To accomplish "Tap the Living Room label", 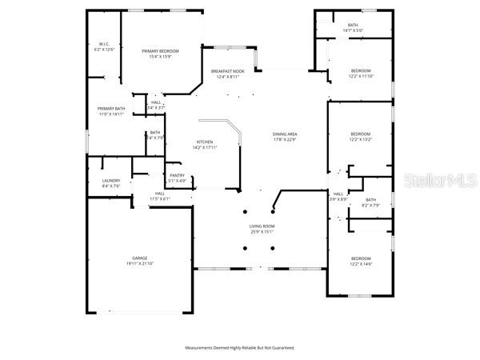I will click(x=262, y=226).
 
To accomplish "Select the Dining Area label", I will click(x=285, y=135).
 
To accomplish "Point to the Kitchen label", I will click(x=205, y=142).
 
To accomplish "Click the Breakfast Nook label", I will click(x=228, y=71).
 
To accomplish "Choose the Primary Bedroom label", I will click(x=161, y=51).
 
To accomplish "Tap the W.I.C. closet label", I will click(x=104, y=44).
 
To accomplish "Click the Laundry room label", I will click(x=111, y=181).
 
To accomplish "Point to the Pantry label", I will click(x=177, y=175).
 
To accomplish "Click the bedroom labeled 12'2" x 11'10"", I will click(x=361, y=71).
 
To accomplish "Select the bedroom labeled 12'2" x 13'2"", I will click(x=361, y=134).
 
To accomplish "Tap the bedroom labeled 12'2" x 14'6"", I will click(x=361, y=258).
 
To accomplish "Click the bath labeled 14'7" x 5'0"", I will click(x=353, y=26).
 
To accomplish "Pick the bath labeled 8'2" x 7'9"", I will click(x=370, y=200).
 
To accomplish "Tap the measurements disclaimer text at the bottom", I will click(x=240, y=348).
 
